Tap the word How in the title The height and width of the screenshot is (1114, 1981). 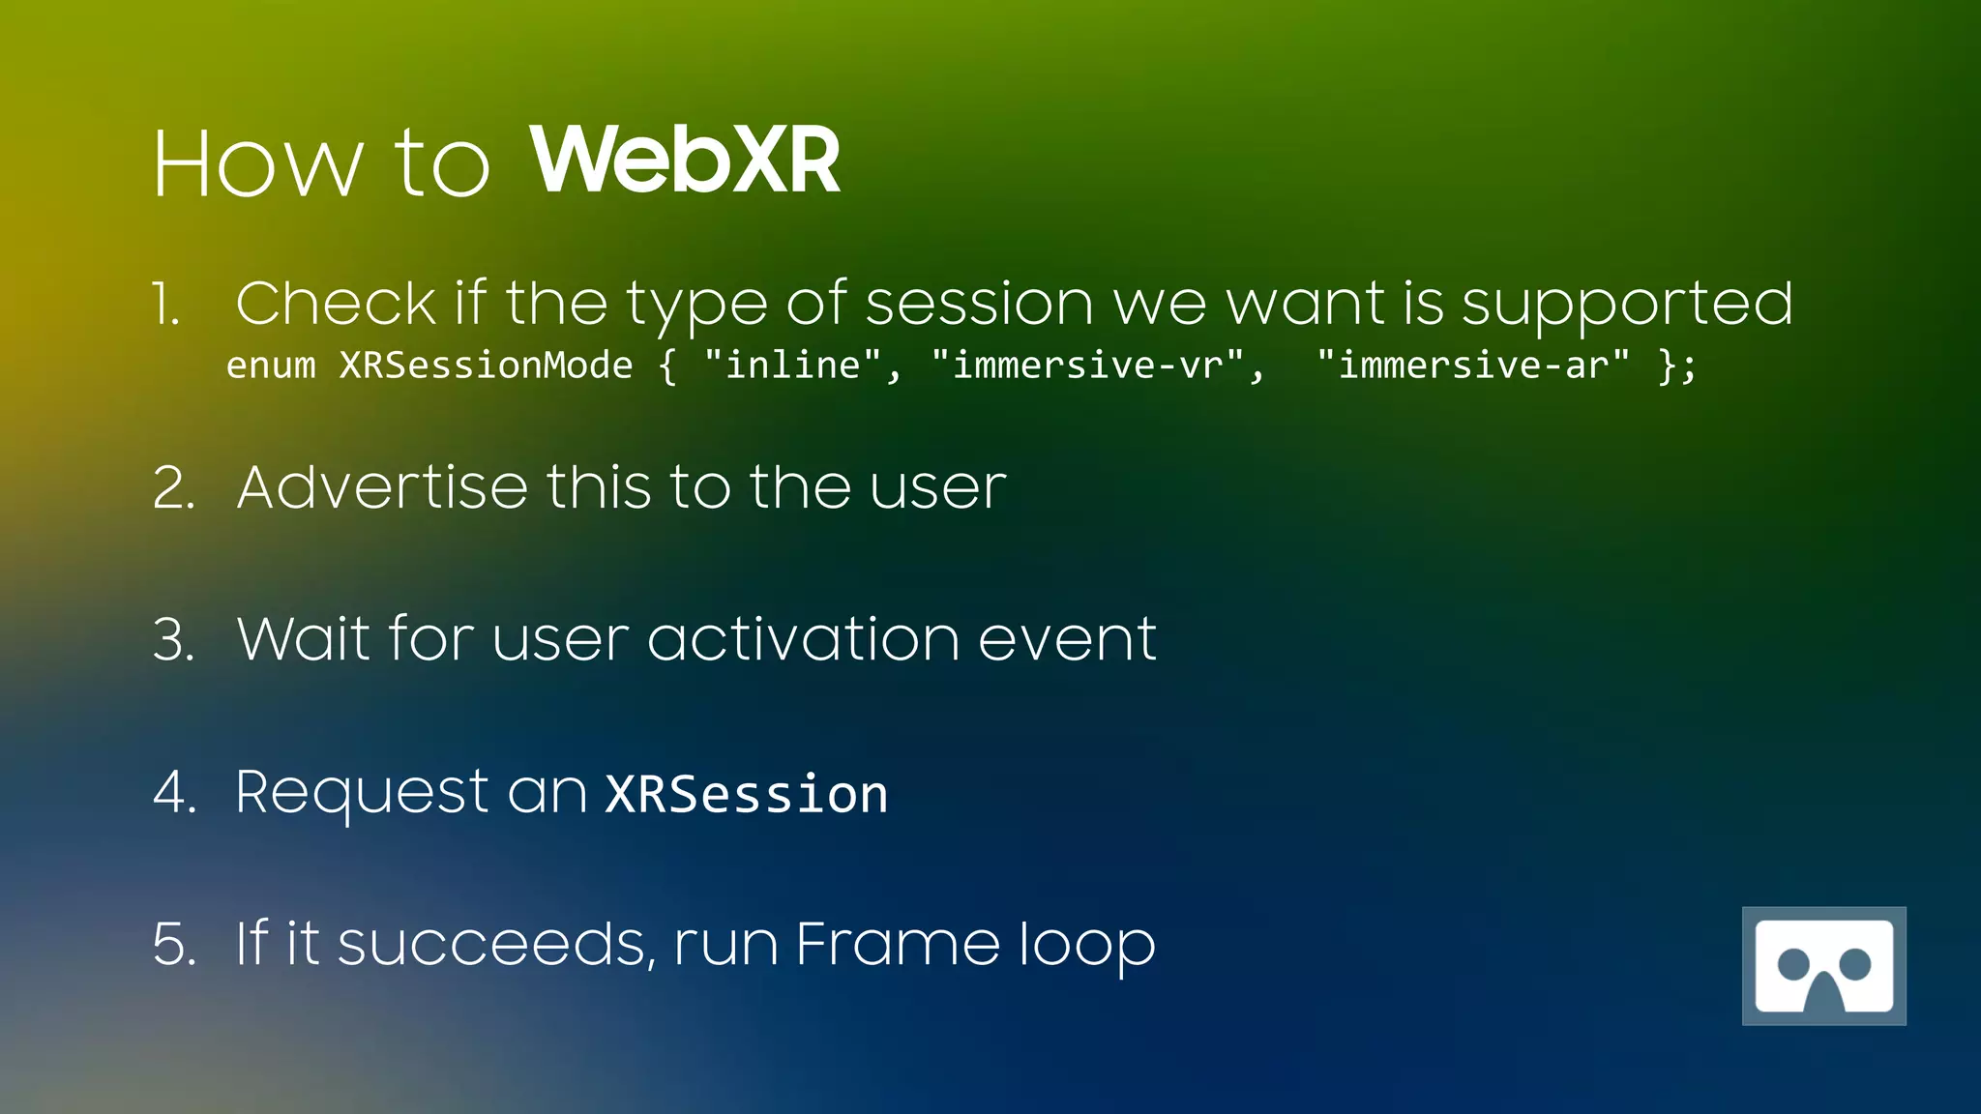coord(257,164)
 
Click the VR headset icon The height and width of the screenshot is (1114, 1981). coord(1823,965)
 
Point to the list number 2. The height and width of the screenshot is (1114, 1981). coord(174,487)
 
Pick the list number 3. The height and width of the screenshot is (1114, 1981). coord(174,640)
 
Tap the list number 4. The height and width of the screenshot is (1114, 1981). coord(175,792)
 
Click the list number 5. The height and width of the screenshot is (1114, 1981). coord(174,944)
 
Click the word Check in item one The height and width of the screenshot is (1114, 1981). coord(336,304)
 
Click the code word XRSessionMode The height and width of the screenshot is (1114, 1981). coord(486,366)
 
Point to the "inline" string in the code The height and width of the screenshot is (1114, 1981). coord(792,366)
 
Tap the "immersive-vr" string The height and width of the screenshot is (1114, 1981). coord(1087,366)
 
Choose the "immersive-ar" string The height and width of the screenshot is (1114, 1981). coord(1472,366)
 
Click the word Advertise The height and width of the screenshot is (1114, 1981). coord(382,486)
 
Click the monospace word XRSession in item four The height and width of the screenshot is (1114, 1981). coord(746,795)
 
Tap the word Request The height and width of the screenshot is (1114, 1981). coord(362,794)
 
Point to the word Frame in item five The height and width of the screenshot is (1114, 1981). coord(897,944)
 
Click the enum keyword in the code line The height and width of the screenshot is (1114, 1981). coord(271,366)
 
